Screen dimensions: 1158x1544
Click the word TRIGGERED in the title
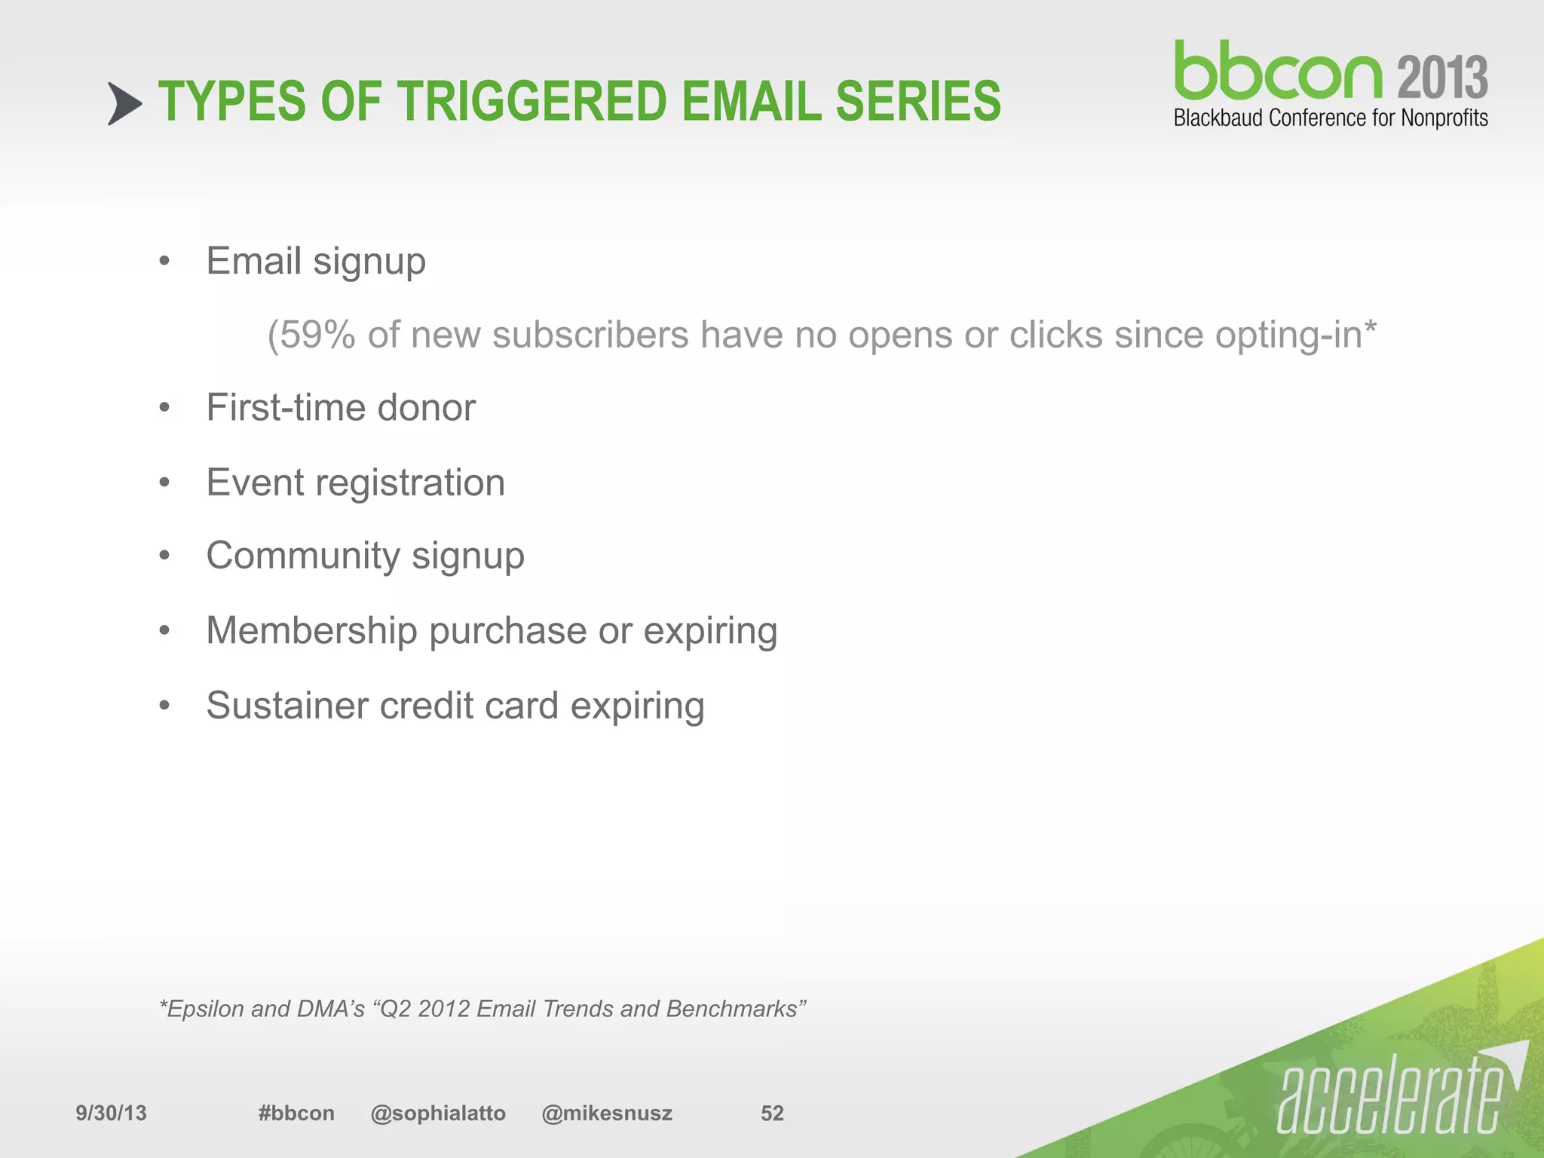(x=532, y=102)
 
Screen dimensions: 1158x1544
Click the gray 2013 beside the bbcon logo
(x=1441, y=78)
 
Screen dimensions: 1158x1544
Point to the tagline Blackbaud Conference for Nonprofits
(x=1330, y=118)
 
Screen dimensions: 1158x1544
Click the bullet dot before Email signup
(x=165, y=262)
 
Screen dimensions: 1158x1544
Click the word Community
(x=302, y=556)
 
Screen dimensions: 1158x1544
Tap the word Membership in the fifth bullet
(x=311, y=630)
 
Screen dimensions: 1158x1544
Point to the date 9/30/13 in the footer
(x=111, y=1114)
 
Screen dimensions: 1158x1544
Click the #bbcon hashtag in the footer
(x=296, y=1114)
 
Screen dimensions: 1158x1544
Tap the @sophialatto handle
(x=438, y=1114)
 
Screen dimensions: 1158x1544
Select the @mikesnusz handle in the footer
(x=606, y=1114)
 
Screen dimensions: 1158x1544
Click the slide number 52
(x=772, y=1114)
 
